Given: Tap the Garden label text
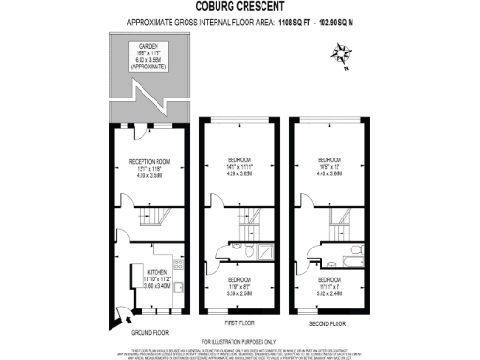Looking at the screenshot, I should tap(148, 45).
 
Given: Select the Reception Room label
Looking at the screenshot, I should tap(147, 160).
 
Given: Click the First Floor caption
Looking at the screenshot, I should tap(240, 323).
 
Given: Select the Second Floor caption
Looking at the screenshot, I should tap(327, 323).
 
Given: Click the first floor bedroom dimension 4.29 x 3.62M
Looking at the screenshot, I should tap(240, 174).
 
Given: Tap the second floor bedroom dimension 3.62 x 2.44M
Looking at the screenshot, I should tap(329, 293).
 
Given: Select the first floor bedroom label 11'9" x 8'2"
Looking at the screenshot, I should tap(241, 287).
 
